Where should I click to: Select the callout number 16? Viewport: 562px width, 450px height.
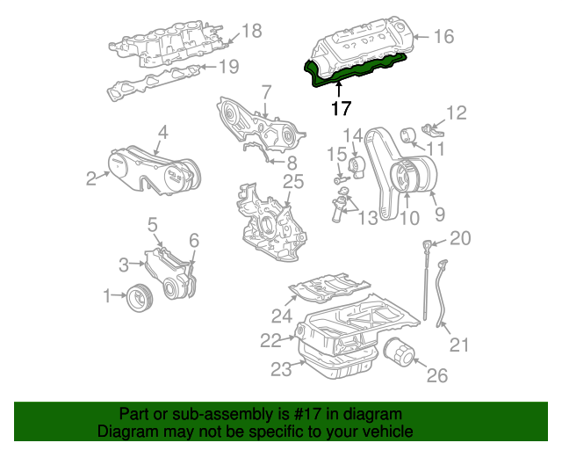443,37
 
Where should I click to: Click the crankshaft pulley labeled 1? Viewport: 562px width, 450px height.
139,298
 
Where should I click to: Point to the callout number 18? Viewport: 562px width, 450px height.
251,32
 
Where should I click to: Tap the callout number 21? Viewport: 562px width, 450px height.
460,346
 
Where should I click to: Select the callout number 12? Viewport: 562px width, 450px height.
457,112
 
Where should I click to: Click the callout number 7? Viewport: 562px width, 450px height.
266,91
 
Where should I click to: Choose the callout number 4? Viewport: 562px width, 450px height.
162,133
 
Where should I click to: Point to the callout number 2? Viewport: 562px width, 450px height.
90,179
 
